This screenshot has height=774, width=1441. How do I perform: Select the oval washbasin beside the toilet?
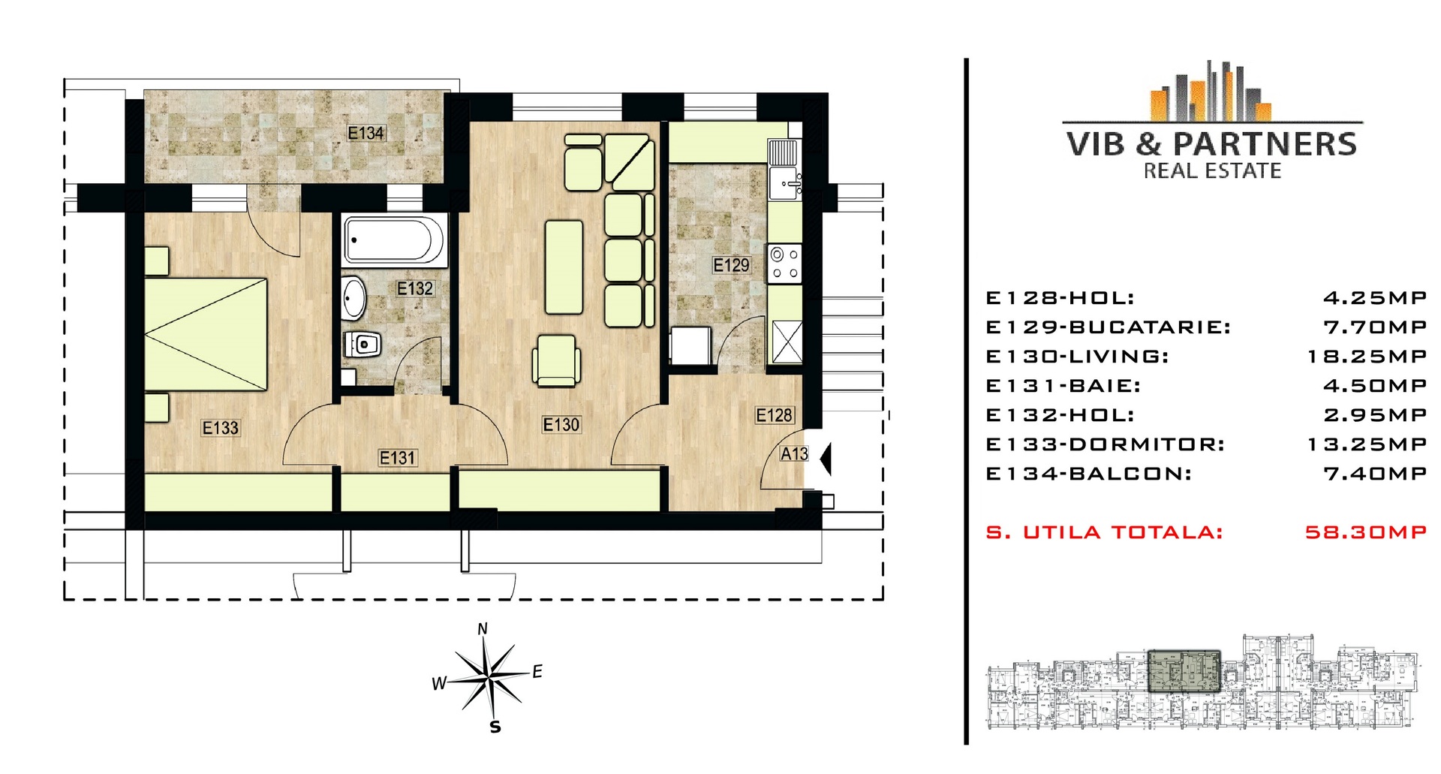coord(353,298)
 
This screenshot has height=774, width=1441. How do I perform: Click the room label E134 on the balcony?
coord(366,133)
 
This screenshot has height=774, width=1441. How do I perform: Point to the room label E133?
coord(221,428)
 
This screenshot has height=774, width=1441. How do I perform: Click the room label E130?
coord(561,425)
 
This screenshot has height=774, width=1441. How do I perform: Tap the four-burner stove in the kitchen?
coord(784,264)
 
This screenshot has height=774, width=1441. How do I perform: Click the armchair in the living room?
coord(555,360)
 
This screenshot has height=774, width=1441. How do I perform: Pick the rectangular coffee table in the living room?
coord(564,267)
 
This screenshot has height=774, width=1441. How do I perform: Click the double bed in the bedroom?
coord(206,334)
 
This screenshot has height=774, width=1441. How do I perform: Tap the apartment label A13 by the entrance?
coord(794,454)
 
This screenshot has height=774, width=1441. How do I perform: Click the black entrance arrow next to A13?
coord(826,459)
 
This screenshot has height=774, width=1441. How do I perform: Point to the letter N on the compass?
coord(483,629)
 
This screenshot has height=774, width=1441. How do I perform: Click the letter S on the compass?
coord(495,727)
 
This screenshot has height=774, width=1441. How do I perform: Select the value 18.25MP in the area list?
coord(1367,357)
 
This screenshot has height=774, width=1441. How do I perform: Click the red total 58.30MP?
coord(1366,532)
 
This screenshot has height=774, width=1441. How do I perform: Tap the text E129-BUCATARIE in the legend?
coord(1108,327)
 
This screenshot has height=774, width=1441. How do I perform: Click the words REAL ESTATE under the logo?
coord(1212,171)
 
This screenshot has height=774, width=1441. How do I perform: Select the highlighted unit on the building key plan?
coord(1184,670)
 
